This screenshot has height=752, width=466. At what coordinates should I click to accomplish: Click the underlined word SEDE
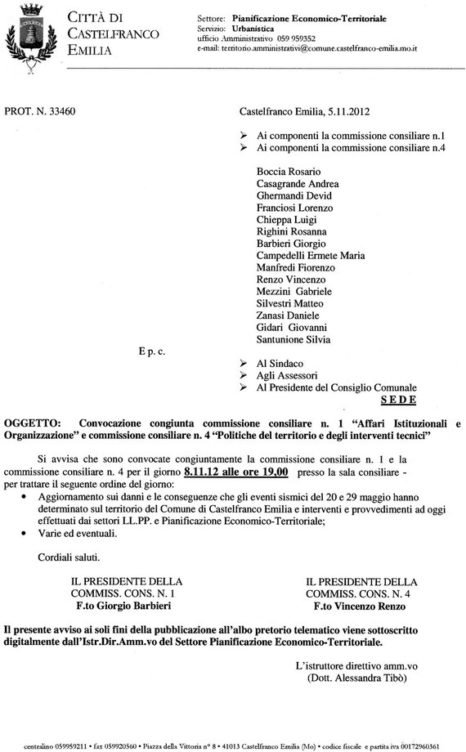coord(399,400)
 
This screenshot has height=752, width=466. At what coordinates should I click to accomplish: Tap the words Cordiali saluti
coord(69,557)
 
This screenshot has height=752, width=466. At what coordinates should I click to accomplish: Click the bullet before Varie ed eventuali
coord(29,533)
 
